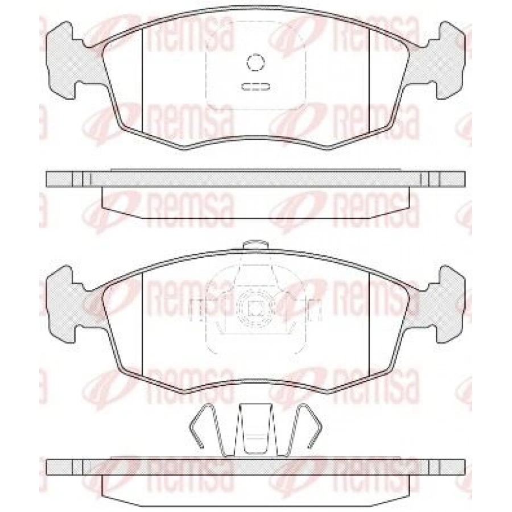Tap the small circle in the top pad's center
pyautogui.click(x=255, y=62)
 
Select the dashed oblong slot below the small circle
pyautogui.click(x=255, y=87)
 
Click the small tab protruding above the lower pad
pyautogui.click(x=255, y=245)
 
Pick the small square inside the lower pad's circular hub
pyautogui.click(x=255, y=308)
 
